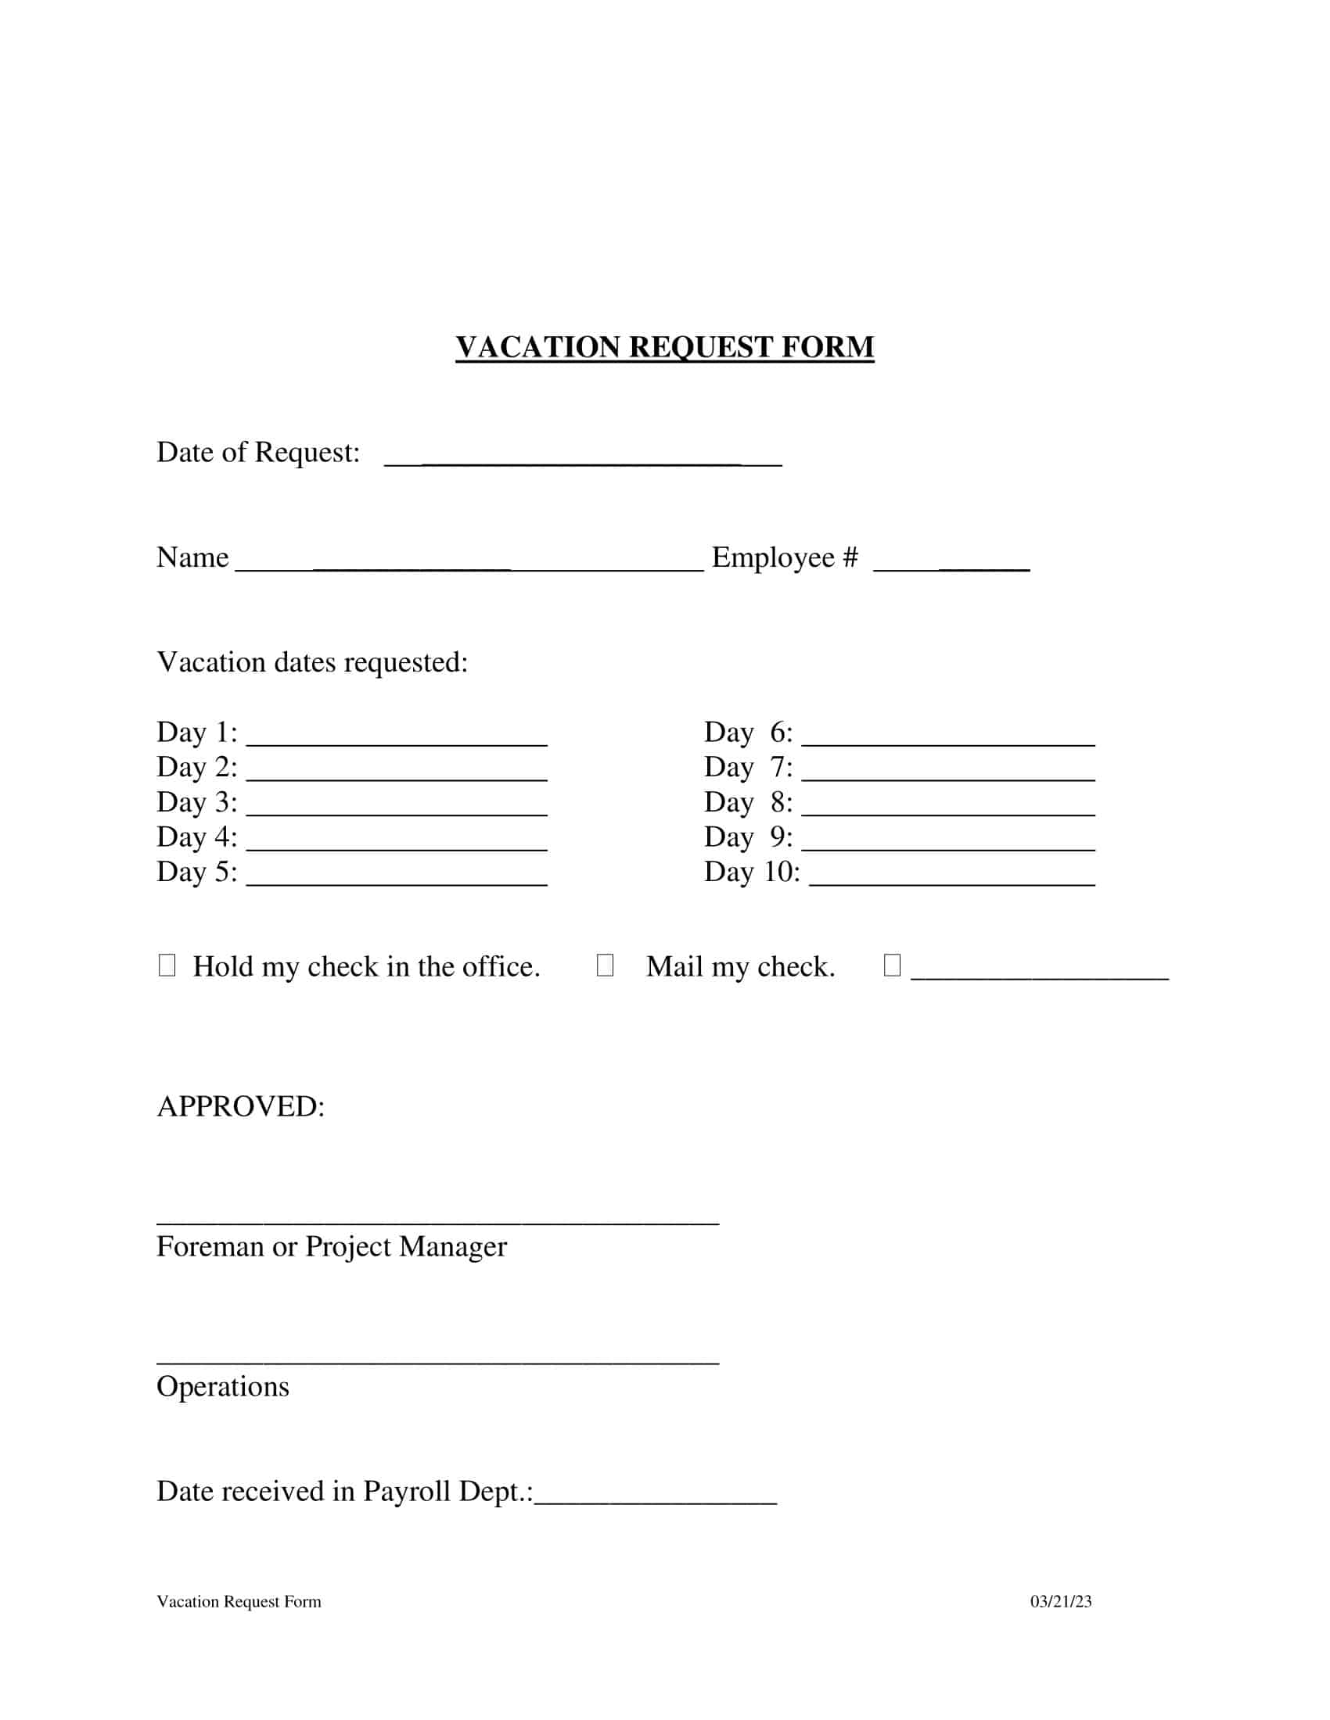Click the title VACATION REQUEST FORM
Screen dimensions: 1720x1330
pyautogui.click(x=664, y=347)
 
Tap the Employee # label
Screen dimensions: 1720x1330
pyautogui.click(x=785, y=557)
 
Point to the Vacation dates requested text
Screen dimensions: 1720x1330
pyautogui.click(x=312, y=662)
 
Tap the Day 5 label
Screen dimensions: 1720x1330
pyautogui.click(x=196, y=872)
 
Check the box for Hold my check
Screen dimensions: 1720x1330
pyautogui.click(x=167, y=965)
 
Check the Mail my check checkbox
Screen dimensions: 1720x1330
pyautogui.click(x=605, y=965)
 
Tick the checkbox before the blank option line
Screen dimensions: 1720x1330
pyautogui.click(x=892, y=965)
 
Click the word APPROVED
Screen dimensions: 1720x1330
pyautogui.click(x=240, y=1106)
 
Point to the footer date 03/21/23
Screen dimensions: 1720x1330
pyautogui.click(x=1061, y=1602)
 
